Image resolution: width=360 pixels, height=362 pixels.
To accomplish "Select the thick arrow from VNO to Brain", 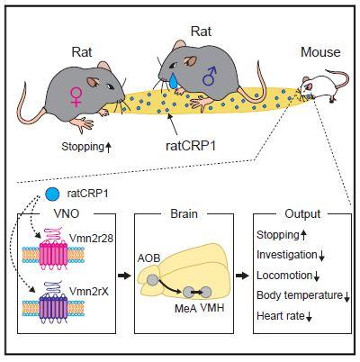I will point(123,276).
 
